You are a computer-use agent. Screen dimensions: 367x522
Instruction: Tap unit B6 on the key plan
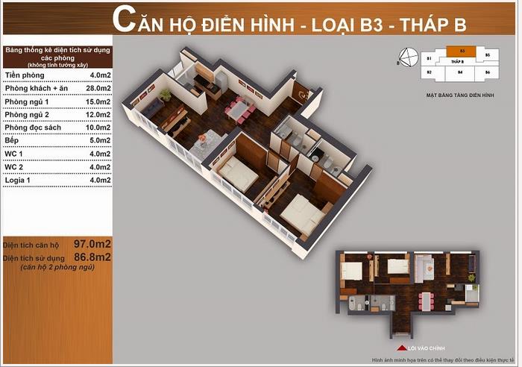pyautogui.click(x=487, y=72)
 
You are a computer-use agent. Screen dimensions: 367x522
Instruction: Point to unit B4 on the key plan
pyautogui.click(x=460, y=72)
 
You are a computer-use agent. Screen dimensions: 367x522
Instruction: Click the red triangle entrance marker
pyautogui.click(x=401, y=347)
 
